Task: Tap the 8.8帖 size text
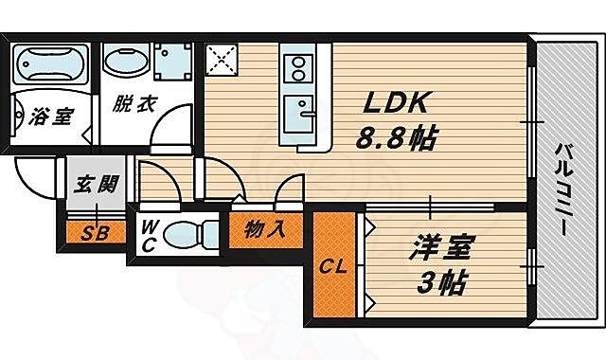pos(395,140)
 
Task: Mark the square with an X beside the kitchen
pos(223,63)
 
